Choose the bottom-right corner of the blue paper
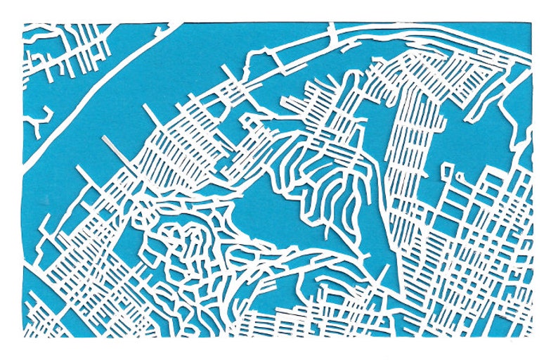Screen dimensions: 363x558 [532, 336]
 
